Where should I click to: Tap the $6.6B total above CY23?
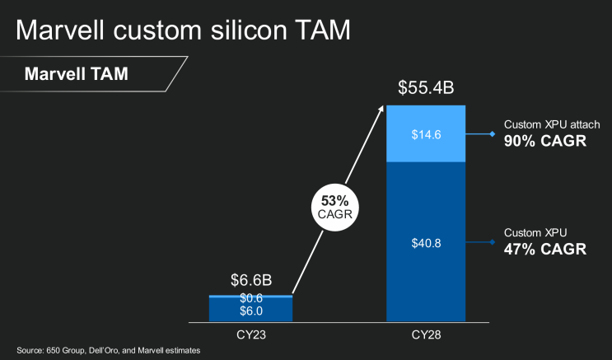tap(250, 282)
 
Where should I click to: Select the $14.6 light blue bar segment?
tap(426, 133)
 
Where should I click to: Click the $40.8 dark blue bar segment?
tap(426, 243)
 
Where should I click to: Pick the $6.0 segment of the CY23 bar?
tap(250, 311)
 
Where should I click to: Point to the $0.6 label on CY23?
tap(250, 298)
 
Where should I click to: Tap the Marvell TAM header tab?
tap(76, 73)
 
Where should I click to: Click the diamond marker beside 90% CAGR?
tap(492, 133)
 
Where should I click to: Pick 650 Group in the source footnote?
tap(65, 351)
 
